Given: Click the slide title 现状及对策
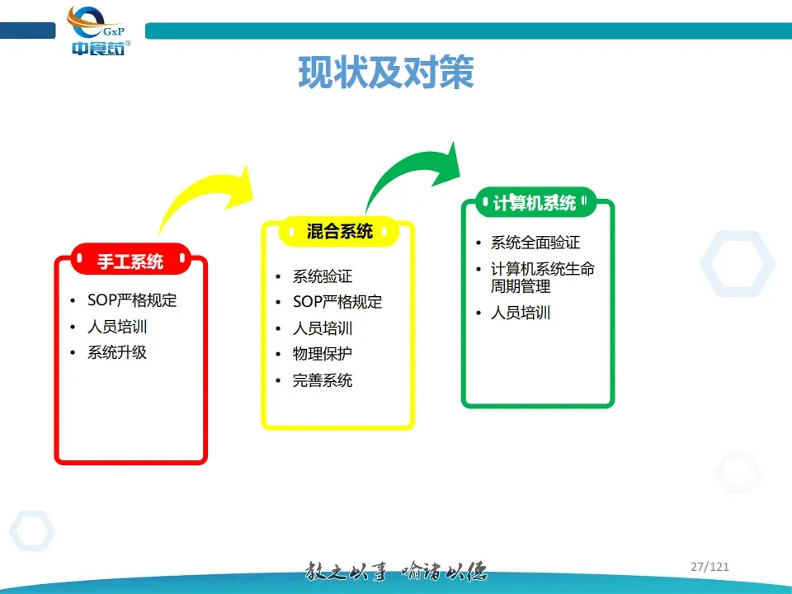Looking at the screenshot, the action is (x=385, y=73).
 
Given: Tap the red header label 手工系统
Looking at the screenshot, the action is (x=130, y=262).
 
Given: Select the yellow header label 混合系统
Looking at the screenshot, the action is (x=339, y=232).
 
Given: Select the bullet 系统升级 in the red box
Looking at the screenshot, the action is (x=117, y=352).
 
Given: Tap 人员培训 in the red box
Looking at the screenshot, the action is (x=117, y=327).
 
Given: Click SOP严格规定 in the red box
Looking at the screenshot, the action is (x=132, y=300).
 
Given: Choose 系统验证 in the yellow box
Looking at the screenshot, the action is (x=323, y=276).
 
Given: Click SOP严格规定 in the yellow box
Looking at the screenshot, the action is (x=337, y=302).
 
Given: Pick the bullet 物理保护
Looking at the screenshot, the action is (x=323, y=354).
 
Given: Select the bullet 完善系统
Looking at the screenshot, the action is (x=323, y=380).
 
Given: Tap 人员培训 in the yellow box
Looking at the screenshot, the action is (x=323, y=328).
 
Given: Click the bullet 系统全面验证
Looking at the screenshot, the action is (x=535, y=243).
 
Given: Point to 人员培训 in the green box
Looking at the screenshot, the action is (x=521, y=313).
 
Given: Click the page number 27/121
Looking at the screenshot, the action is (x=709, y=567).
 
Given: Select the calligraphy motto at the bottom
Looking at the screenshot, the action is (x=397, y=571).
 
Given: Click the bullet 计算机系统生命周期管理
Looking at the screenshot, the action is (x=542, y=278).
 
